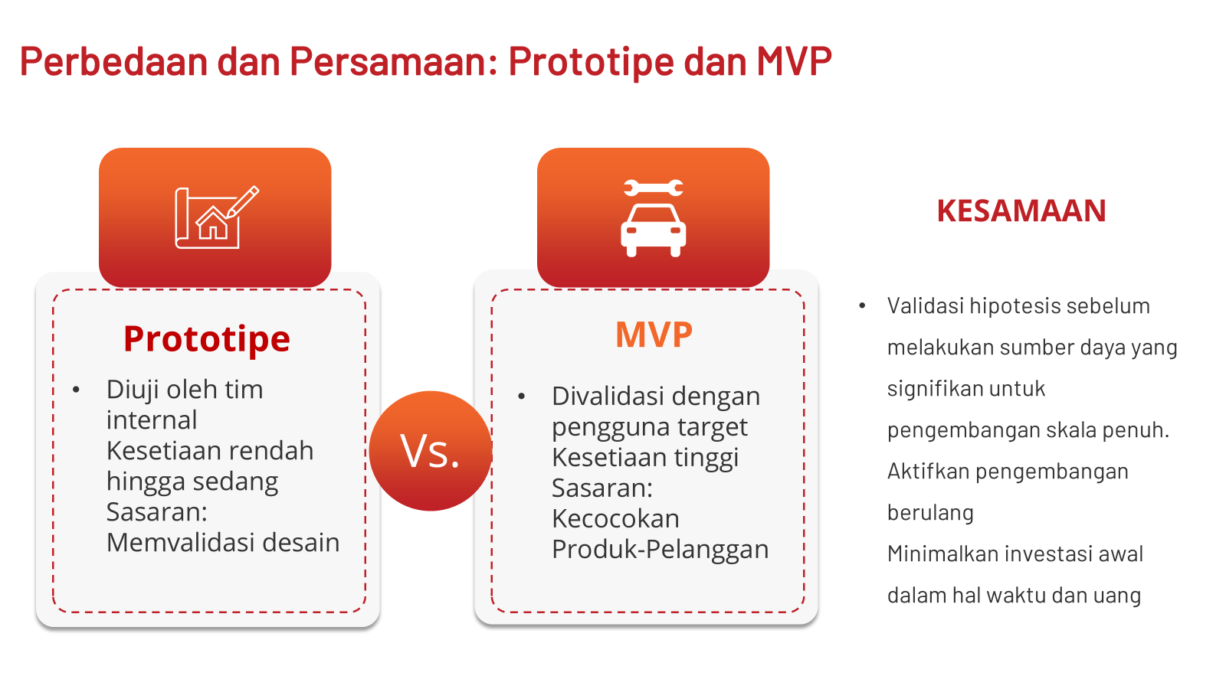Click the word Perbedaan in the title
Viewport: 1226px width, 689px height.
click(x=114, y=61)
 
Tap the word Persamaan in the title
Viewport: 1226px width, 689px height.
click(x=394, y=61)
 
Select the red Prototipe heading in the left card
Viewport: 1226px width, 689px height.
click(x=207, y=340)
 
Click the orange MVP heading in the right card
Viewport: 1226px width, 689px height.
click(x=654, y=334)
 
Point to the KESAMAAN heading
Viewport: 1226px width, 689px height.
click(x=1021, y=211)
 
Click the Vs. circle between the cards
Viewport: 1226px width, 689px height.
click(x=430, y=451)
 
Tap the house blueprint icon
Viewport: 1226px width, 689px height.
click(x=217, y=217)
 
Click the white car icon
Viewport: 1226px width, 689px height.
click(x=654, y=230)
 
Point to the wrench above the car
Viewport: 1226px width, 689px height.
click(x=654, y=188)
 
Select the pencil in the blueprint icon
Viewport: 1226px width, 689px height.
click(x=242, y=202)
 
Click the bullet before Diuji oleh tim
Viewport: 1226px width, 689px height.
click(x=76, y=390)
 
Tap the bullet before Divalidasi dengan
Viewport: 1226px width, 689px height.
click(x=521, y=397)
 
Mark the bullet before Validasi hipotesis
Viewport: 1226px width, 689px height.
click(x=862, y=305)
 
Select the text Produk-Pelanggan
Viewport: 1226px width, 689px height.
click(x=660, y=549)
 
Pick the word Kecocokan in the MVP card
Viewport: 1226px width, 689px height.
click(x=615, y=518)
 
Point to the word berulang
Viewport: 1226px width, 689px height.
click(x=930, y=513)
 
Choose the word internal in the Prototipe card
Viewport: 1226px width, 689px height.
click(x=152, y=420)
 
